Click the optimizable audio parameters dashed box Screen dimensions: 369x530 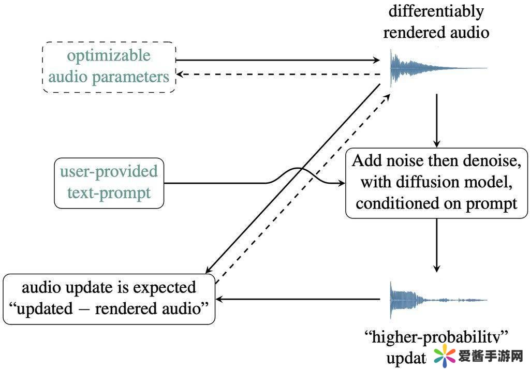[109, 67]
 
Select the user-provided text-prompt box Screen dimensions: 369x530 [109, 183]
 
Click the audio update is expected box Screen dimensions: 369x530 [109, 299]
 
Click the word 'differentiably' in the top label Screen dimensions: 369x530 [436, 11]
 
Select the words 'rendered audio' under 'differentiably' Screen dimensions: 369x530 [436, 33]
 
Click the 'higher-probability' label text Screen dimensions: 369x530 [436, 338]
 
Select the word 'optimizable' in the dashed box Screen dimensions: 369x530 [109, 56]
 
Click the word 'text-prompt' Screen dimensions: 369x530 [109, 194]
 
